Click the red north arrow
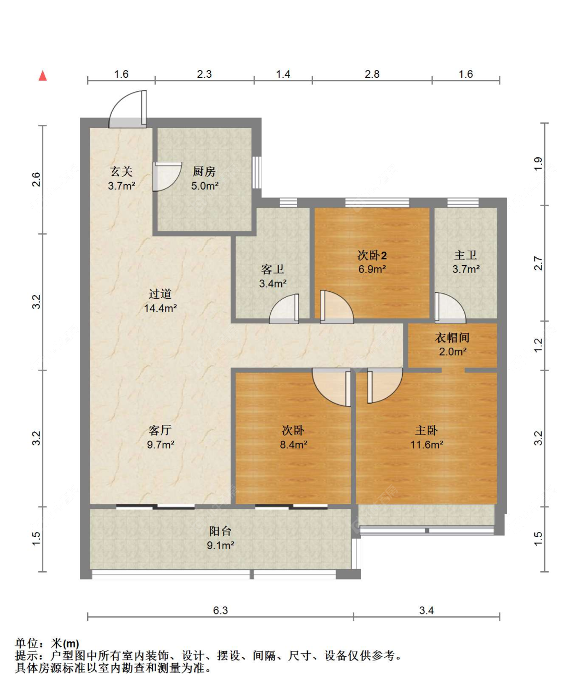coord(42,76)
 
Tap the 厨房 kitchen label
coord(204,172)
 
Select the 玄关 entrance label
coord(122,172)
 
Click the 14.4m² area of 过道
coord(160,308)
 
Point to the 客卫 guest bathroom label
coord(273,269)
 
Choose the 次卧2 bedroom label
coord(372,255)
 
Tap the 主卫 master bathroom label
coord(465,255)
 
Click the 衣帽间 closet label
coord(452,338)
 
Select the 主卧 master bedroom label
coord(426,431)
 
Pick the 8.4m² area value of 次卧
coord(293,445)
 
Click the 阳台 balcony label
coord(220,531)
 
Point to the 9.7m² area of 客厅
coord(161,445)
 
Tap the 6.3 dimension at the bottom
coord(220,610)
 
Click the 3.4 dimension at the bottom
coord(426,610)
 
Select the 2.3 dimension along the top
coord(204,74)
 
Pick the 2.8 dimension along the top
coord(372,74)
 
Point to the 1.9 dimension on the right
coord(538,164)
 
